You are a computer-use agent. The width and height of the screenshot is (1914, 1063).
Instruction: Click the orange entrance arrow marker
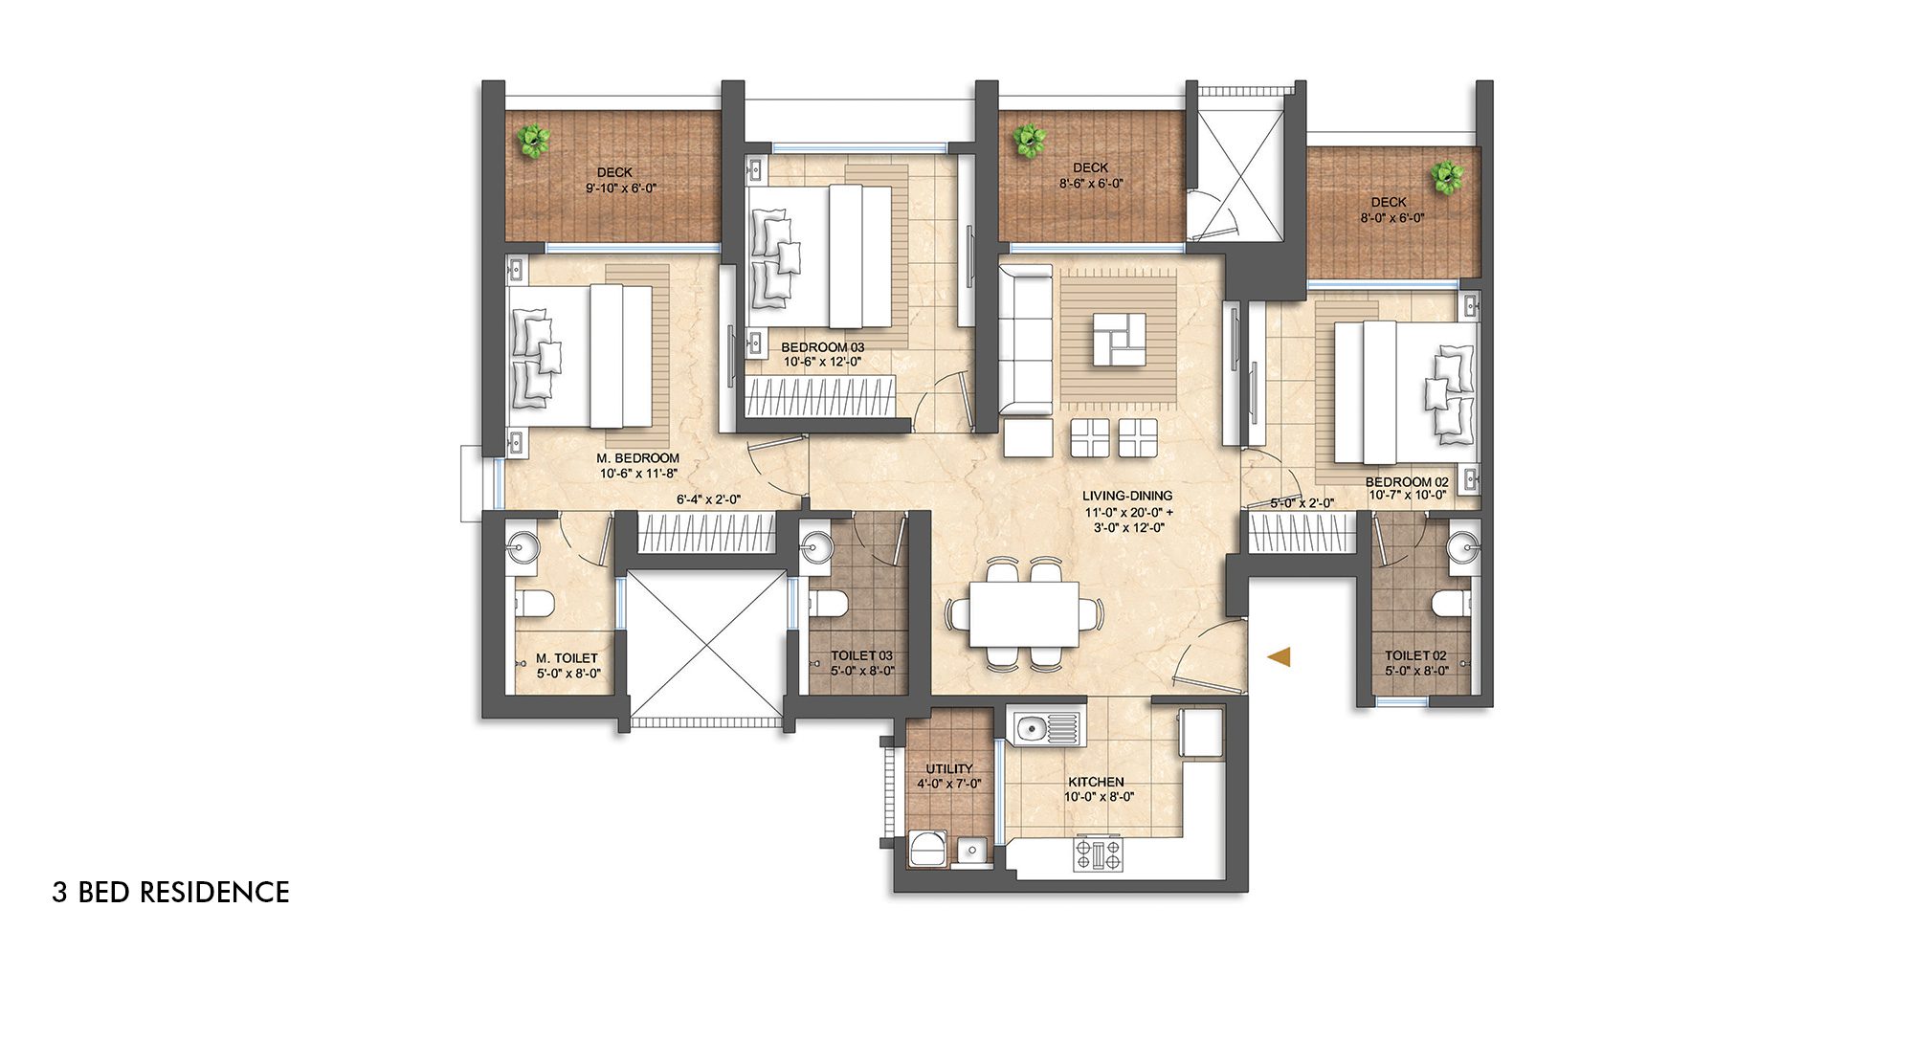click(1280, 656)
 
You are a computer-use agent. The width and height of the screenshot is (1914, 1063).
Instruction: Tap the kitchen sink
click(1031, 729)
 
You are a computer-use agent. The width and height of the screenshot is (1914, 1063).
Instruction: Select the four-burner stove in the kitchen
click(1099, 853)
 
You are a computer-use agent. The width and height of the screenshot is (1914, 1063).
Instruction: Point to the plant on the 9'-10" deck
click(532, 141)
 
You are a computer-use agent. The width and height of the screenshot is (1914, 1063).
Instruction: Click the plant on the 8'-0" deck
click(1445, 177)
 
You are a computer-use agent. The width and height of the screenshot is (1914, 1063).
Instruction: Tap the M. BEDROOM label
click(637, 458)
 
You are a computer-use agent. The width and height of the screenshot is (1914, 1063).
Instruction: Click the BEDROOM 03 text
click(822, 347)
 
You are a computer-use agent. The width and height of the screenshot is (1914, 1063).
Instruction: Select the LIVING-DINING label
click(1127, 496)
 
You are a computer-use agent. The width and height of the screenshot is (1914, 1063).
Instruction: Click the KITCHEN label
click(1096, 782)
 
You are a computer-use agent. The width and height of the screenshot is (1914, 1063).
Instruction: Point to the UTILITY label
click(948, 768)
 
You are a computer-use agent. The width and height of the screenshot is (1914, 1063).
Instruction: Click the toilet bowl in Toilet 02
click(1450, 603)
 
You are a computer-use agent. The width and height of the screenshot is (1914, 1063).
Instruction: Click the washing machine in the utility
click(926, 849)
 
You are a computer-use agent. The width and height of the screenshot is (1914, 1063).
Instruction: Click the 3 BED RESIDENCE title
click(170, 892)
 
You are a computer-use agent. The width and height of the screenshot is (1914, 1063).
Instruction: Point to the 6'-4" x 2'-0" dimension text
click(708, 499)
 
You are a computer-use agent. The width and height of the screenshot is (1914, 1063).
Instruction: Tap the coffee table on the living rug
click(1119, 339)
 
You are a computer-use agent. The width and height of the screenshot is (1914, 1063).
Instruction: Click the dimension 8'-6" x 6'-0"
click(1090, 183)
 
